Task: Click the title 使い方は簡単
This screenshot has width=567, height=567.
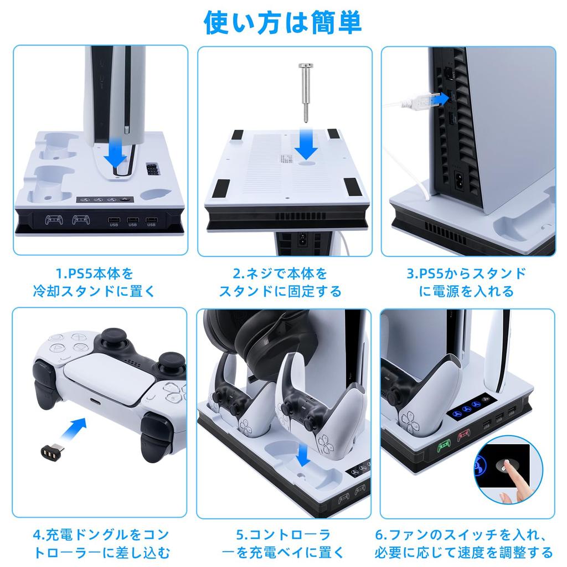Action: [x=283, y=22]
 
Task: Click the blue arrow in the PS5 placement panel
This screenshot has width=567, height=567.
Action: [x=115, y=153]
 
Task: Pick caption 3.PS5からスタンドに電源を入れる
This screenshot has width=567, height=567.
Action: [x=467, y=282]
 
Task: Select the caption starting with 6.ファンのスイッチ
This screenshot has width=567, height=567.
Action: [x=467, y=543]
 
